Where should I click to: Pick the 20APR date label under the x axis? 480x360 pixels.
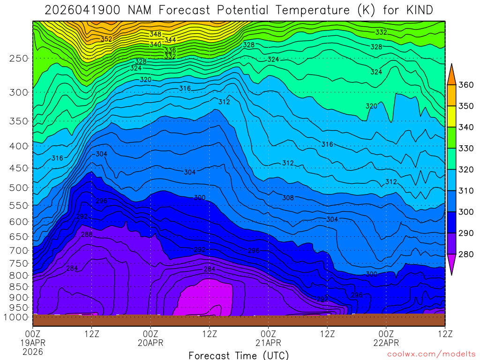pos(150,343)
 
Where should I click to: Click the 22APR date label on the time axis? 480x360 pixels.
pos(386,343)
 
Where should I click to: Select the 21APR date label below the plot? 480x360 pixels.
pos(268,343)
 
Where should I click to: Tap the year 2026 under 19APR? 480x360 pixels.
pos(32,352)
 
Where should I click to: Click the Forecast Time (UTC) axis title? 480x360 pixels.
pos(239,355)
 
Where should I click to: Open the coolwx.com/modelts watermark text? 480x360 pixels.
pos(431,354)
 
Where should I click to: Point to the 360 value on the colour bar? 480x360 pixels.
pos(466,85)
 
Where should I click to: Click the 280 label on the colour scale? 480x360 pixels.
pos(466,254)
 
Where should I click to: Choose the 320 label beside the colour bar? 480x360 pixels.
pos(466,169)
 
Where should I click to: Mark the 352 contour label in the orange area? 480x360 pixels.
pos(106,39)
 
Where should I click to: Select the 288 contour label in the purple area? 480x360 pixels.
pos(87,234)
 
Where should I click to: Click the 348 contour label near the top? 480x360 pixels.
pos(156,34)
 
